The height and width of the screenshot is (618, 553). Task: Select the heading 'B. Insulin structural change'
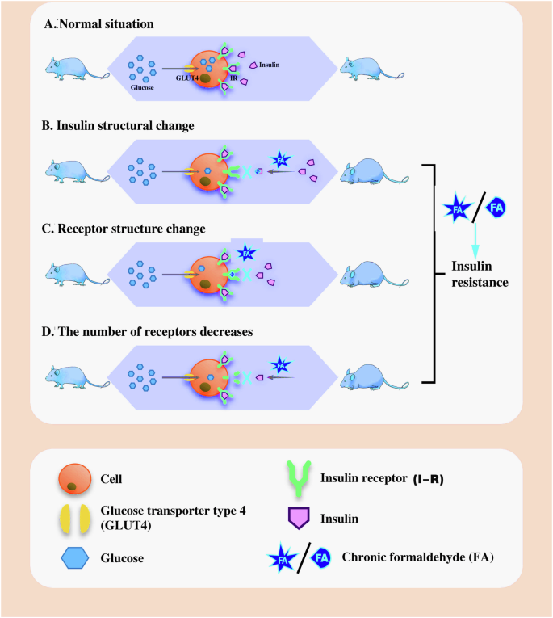[124, 127]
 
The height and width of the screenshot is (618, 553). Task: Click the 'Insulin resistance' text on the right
[481, 275]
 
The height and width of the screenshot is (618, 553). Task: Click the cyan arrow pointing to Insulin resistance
[475, 238]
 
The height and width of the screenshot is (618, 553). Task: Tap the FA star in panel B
[280, 160]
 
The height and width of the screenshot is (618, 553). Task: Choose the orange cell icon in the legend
[73, 478]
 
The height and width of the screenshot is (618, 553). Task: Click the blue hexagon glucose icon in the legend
[73, 557]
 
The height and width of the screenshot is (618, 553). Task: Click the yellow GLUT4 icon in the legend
[73, 519]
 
